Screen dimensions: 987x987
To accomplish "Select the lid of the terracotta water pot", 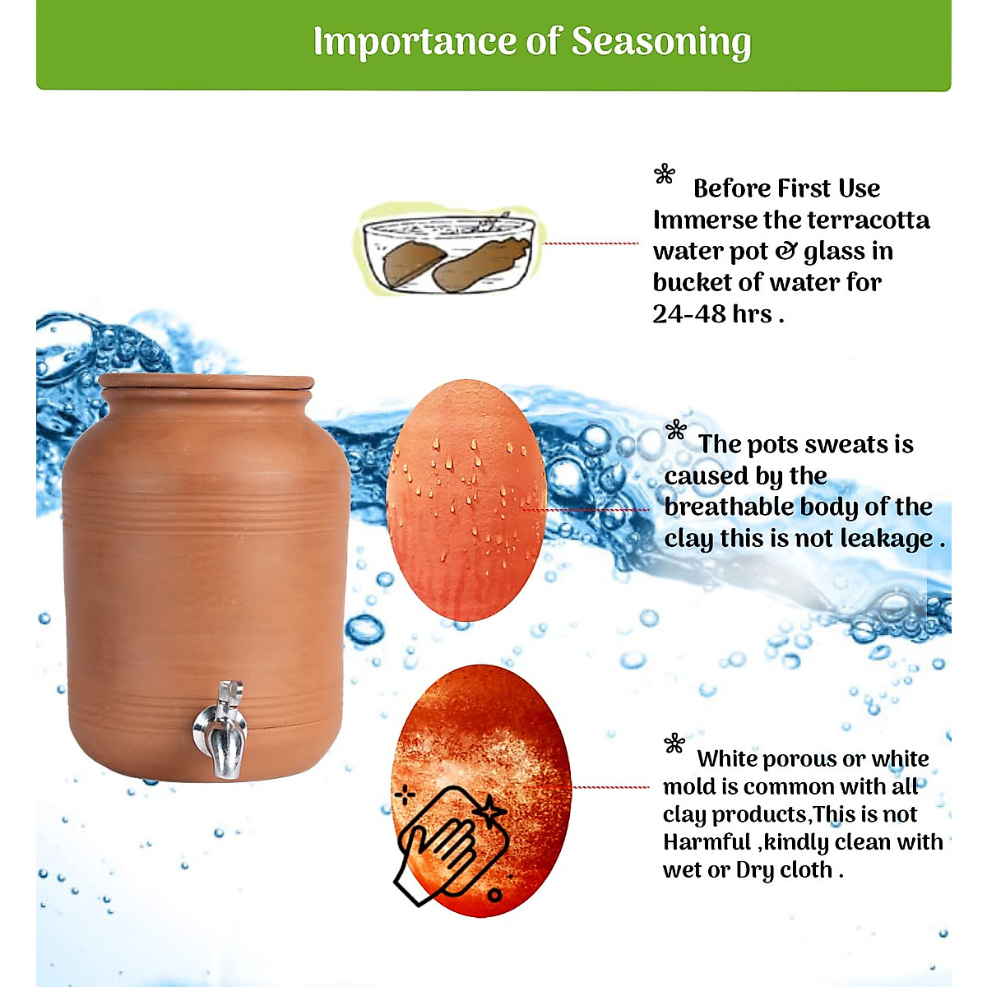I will (206, 381).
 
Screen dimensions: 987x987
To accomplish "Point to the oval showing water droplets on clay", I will (466, 500).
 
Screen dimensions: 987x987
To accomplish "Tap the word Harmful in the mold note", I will (707, 842).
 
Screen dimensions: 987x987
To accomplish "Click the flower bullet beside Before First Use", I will (665, 174).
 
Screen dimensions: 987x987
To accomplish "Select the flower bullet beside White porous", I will (674, 744).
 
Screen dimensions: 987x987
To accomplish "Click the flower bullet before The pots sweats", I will (676, 429).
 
